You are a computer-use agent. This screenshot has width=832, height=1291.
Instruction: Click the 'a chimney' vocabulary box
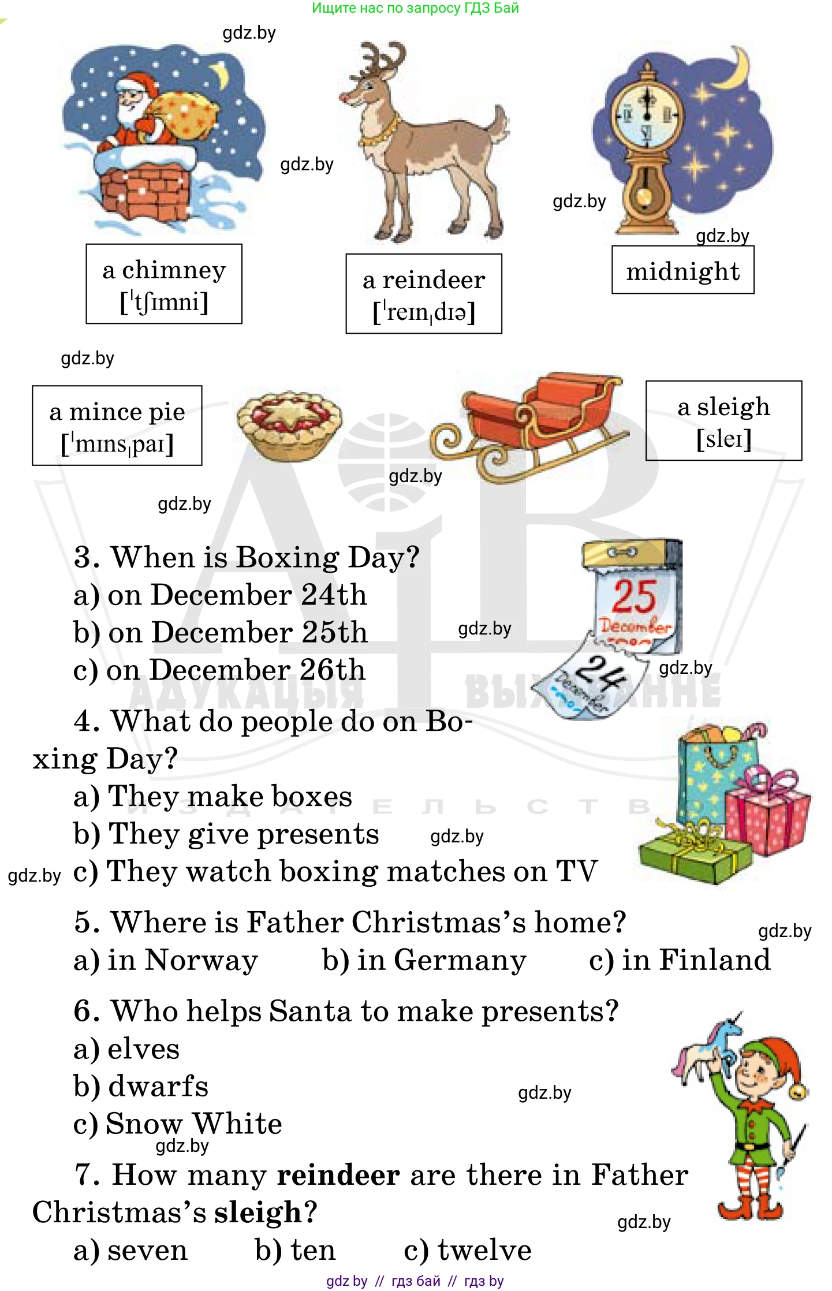click(x=164, y=284)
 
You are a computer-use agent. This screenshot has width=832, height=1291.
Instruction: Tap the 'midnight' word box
click(x=682, y=270)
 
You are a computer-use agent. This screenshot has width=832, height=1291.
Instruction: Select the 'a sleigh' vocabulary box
click(x=723, y=421)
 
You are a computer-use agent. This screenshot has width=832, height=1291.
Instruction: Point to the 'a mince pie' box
click(x=117, y=426)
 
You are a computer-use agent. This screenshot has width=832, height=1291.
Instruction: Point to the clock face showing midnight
click(x=647, y=113)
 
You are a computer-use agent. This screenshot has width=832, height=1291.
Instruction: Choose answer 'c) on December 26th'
click(x=219, y=670)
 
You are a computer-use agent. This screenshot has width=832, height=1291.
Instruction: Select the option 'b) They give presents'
click(x=226, y=834)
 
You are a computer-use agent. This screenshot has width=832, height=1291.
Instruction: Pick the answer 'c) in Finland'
click(x=680, y=960)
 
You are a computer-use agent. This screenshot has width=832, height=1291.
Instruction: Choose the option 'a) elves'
click(x=126, y=1049)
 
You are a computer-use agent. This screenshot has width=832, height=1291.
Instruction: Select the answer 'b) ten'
click(x=295, y=1251)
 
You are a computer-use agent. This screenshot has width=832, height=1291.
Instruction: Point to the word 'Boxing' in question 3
click(x=288, y=558)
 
